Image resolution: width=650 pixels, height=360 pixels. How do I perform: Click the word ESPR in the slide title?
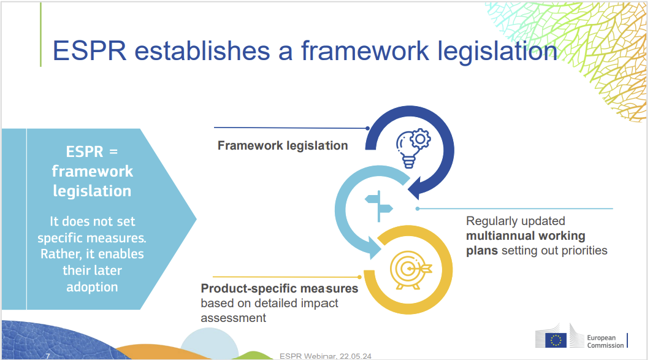(x=90, y=50)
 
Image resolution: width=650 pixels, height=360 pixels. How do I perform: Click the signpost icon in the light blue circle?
(x=380, y=205)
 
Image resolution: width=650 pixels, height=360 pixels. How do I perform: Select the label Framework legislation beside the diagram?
(x=283, y=145)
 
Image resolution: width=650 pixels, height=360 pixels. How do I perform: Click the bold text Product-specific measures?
(x=280, y=288)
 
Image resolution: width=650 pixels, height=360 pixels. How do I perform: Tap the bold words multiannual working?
(x=526, y=236)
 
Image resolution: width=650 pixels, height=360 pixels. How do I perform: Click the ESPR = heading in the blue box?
(x=91, y=151)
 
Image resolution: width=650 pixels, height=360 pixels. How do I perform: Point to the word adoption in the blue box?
(x=92, y=286)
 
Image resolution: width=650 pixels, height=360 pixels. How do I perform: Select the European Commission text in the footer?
(x=605, y=341)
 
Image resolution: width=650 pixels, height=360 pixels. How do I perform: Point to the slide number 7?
(x=48, y=356)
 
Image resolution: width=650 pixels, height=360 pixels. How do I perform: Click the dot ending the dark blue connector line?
(x=367, y=129)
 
